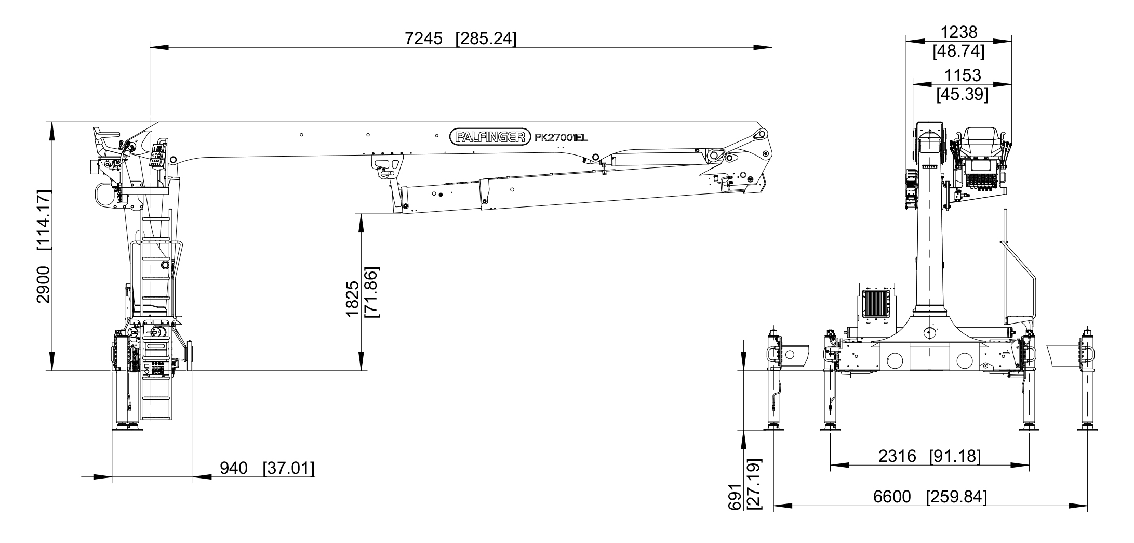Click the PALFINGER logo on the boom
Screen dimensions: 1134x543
490,137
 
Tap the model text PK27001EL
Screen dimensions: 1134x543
561,137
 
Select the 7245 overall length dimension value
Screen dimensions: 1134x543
423,38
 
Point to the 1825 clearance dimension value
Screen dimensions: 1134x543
352,299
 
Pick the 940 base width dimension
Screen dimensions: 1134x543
234,468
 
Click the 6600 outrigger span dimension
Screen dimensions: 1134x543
892,497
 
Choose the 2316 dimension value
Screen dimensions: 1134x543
897,456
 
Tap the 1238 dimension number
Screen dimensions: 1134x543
959,32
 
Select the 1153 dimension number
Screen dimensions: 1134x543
963,75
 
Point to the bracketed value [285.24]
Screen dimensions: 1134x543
486,38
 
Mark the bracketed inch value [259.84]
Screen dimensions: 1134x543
956,497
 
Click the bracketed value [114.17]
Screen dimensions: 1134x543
43,221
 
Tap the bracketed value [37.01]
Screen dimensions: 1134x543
289,468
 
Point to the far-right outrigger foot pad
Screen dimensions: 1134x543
1088,428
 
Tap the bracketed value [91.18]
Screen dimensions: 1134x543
955,456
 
